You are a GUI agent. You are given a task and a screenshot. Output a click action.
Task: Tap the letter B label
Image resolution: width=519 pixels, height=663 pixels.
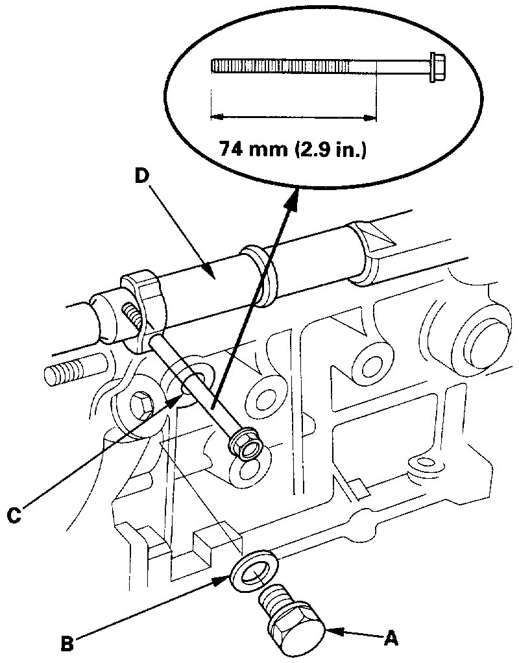click(x=66, y=644)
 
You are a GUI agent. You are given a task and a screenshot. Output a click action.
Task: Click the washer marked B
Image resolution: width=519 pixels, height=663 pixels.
click(x=254, y=572)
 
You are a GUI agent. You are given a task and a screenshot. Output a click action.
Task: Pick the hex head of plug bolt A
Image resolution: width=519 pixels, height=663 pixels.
click(x=296, y=633)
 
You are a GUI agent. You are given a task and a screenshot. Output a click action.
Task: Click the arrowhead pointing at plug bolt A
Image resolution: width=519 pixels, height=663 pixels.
click(x=333, y=628)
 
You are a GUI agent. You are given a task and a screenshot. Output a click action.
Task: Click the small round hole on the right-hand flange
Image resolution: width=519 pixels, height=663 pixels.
click(x=425, y=463)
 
